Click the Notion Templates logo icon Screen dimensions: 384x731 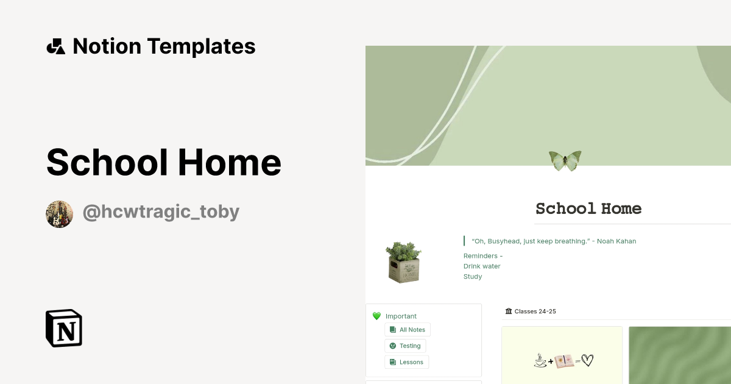[55, 46]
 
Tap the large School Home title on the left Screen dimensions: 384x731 [163, 162]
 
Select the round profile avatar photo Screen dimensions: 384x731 [60, 214]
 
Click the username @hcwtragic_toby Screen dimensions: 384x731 [161, 212]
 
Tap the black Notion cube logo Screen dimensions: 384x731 [64, 328]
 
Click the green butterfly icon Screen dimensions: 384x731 [565, 160]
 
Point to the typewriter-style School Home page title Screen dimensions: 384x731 [588, 208]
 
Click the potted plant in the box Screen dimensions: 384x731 [403, 261]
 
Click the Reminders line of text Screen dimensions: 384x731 [483, 256]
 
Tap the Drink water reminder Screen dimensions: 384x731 [482, 266]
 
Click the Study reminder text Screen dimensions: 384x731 [473, 277]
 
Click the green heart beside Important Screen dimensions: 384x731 [376, 316]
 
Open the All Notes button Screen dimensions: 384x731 [408, 330]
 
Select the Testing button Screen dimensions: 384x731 [405, 346]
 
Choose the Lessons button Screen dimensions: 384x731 [406, 362]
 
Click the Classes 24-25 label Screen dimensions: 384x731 [535, 311]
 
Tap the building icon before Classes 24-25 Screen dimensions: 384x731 [509, 311]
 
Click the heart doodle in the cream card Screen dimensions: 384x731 [587, 361]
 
